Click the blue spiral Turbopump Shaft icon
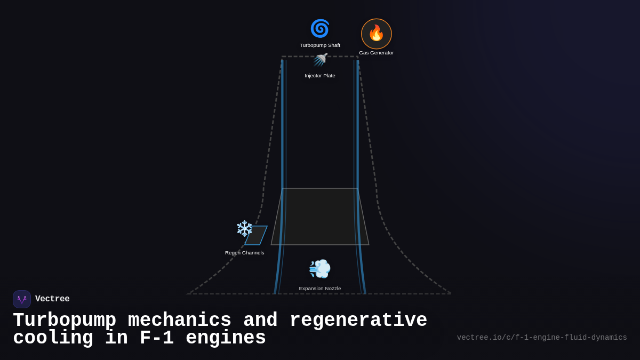[320, 29]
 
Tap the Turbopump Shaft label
[320, 45]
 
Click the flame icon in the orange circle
[377, 33]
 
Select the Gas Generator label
[377, 53]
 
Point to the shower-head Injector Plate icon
[320, 60]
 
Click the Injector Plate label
[320, 76]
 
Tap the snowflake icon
[244, 228]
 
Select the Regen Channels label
[244, 253]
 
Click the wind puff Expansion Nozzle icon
[320, 269]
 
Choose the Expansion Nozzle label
[320, 289]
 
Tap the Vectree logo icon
[22, 299]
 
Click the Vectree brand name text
[52, 299]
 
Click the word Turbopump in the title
[65, 321]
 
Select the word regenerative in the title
[358, 321]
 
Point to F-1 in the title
[156, 338]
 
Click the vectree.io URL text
[542, 338]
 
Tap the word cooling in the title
[53, 338]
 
